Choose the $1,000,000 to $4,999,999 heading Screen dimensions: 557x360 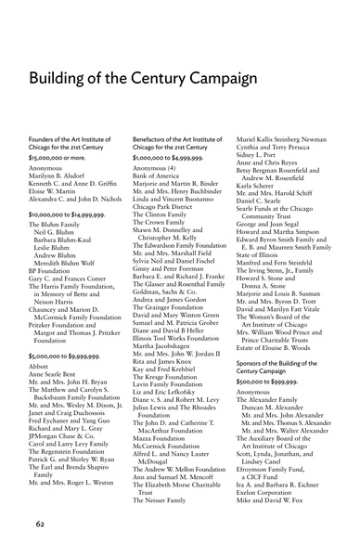[172, 159]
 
